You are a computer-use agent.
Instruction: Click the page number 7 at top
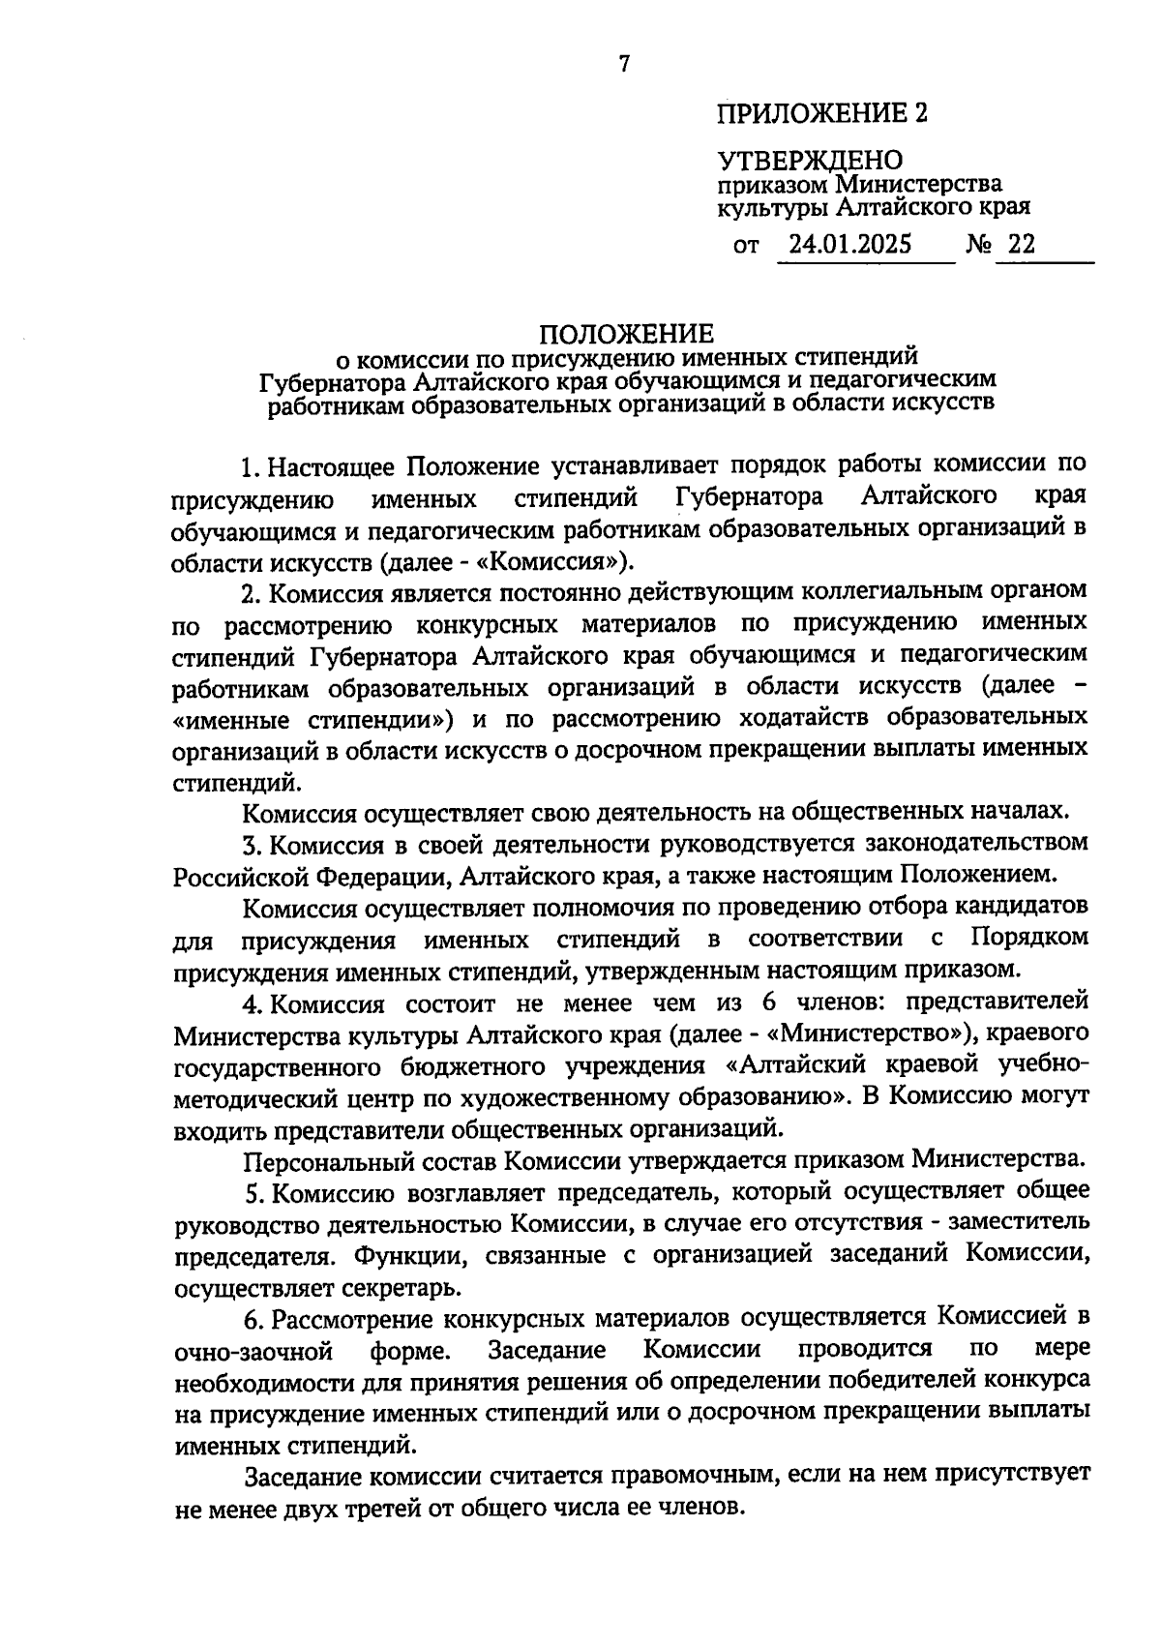coord(624,65)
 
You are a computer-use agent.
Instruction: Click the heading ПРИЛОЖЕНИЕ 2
coord(821,114)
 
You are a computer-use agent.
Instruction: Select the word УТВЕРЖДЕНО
coord(810,160)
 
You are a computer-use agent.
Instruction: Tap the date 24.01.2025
coord(849,245)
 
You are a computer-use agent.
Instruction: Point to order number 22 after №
coord(1021,245)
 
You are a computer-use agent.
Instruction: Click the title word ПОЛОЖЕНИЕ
coord(625,334)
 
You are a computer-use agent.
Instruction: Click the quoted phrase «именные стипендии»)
coord(314,719)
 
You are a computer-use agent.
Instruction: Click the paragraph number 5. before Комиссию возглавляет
coord(253,1191)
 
